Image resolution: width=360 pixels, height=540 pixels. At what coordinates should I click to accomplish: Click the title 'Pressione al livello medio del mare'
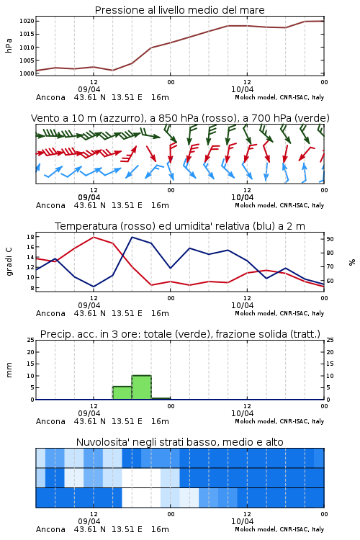(x=179, y=10)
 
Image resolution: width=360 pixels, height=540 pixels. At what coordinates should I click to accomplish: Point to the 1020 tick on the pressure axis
(x=27, y=21)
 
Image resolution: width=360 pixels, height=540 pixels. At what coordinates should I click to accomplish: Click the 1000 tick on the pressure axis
(x=27, y=73)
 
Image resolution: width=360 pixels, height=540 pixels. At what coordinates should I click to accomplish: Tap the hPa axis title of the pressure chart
(x=9, y=45)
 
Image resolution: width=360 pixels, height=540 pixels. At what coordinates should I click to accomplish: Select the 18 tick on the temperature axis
(x=30, y=237)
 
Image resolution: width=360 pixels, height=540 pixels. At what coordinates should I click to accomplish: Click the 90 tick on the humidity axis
(x=330, y=239)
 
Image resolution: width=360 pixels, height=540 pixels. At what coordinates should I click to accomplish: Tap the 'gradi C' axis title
(x=9, y=262)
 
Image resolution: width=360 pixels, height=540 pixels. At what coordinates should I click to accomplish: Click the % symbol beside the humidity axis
(x=352, y=262)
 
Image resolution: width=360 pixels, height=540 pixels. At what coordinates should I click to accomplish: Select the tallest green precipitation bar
(x=142, y=387)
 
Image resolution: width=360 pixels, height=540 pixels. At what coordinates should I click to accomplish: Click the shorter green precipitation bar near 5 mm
(x=122, y=393)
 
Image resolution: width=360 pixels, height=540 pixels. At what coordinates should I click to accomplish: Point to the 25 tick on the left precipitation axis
(x=30, y=340)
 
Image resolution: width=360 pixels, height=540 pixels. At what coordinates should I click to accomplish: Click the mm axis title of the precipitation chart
(x=9, y=370)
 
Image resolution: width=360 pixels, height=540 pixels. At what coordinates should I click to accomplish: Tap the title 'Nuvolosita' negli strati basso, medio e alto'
(x=179, y=442)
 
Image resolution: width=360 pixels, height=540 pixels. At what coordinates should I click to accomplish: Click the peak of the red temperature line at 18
(x=94, y=237)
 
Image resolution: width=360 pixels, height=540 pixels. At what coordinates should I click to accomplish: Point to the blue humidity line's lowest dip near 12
(x=94, y=287)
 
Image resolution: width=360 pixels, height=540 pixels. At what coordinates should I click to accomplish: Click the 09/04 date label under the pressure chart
(x=89, y=89)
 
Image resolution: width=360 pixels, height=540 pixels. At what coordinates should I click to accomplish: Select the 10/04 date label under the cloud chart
(x=242, y=521)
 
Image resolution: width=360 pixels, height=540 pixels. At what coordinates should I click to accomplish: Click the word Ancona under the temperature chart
(x=50, y=313)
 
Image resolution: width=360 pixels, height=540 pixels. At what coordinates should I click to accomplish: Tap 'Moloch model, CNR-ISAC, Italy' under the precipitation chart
(x=279, y=421)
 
